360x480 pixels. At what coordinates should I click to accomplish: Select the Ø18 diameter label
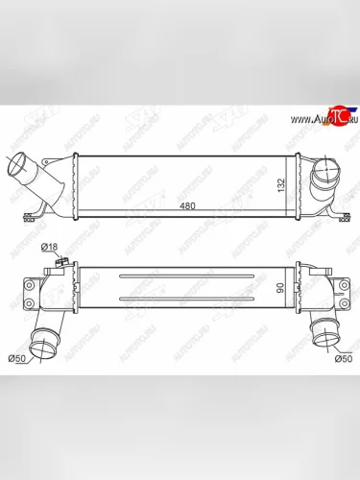[49, 248]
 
